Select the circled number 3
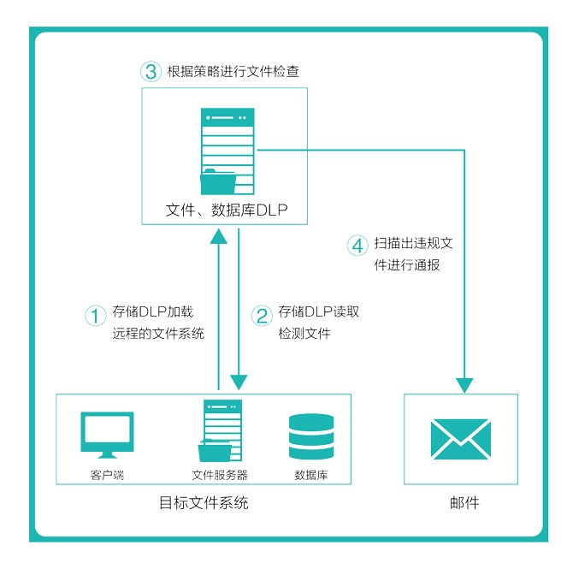151,72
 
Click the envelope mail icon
461,440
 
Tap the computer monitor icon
106,435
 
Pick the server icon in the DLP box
225,152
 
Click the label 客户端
107,475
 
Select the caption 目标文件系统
204,502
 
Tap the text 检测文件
304,334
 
